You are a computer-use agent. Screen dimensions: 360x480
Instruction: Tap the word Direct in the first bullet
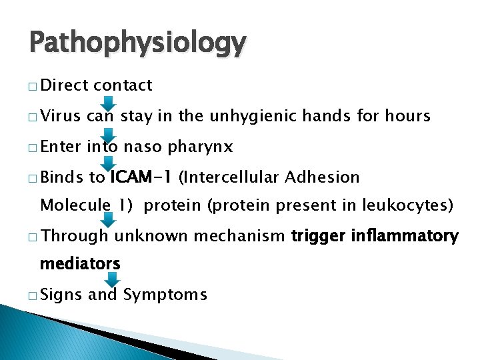[x=65, y=85]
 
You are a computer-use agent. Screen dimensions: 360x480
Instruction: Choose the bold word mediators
[x=80, y=263]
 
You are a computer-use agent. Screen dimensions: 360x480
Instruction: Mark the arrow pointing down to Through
[x=112, y=220]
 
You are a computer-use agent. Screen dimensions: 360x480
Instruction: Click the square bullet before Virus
[x=33, y=117]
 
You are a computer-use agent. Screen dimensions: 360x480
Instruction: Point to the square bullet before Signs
[x=33, y=295]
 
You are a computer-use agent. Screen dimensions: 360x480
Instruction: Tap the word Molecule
[x=74, y=205]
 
